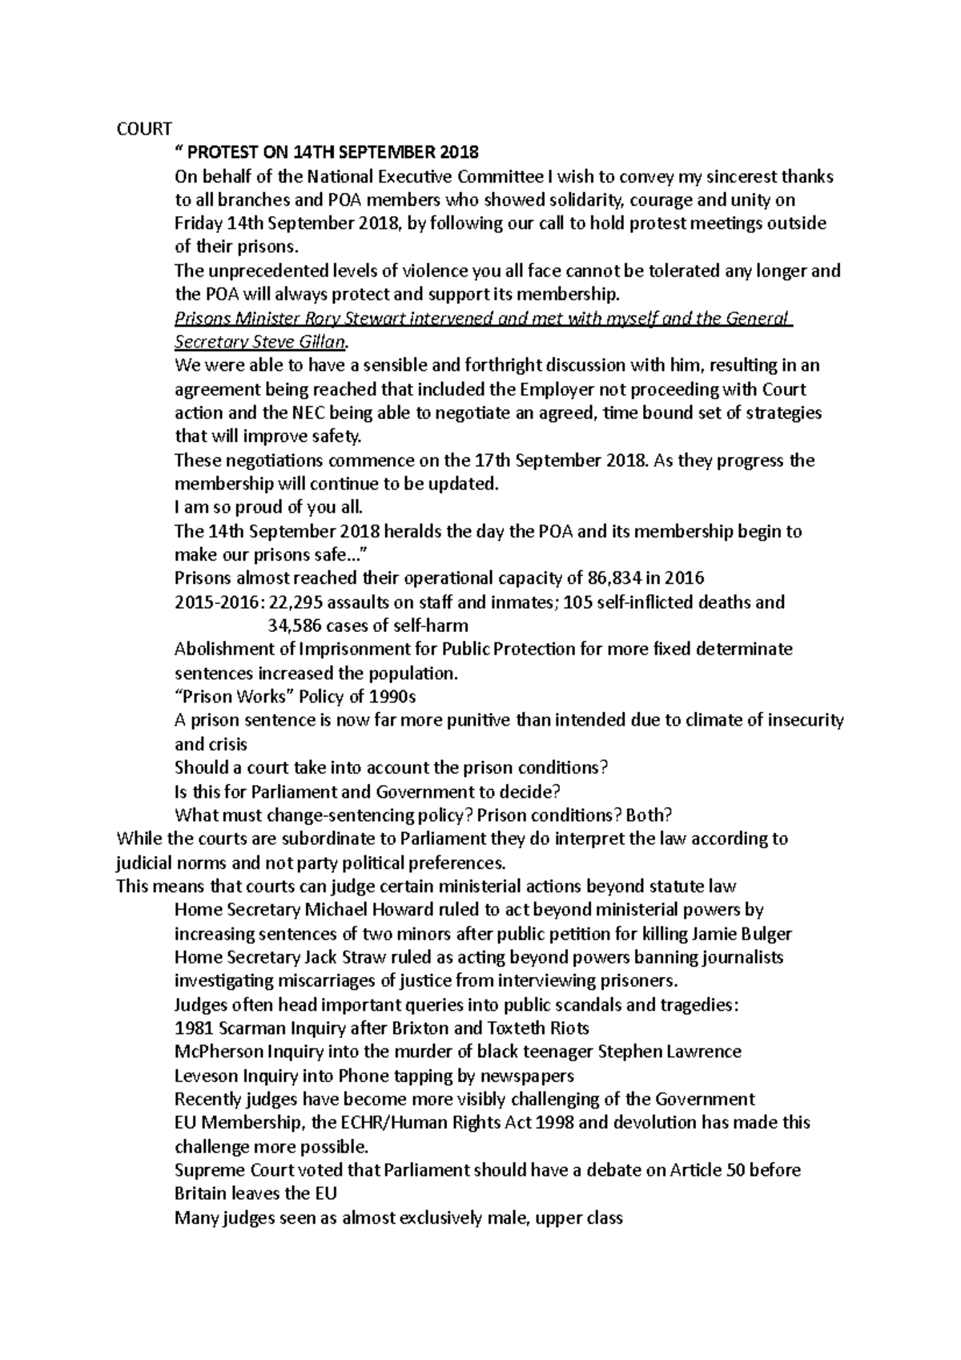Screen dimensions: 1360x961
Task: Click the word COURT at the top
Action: point(144,129)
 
